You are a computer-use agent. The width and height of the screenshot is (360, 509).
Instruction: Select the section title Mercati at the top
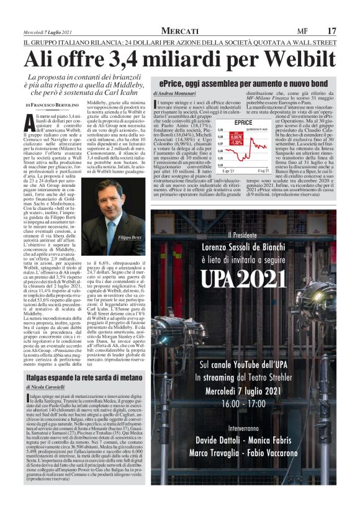point(180,30)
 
